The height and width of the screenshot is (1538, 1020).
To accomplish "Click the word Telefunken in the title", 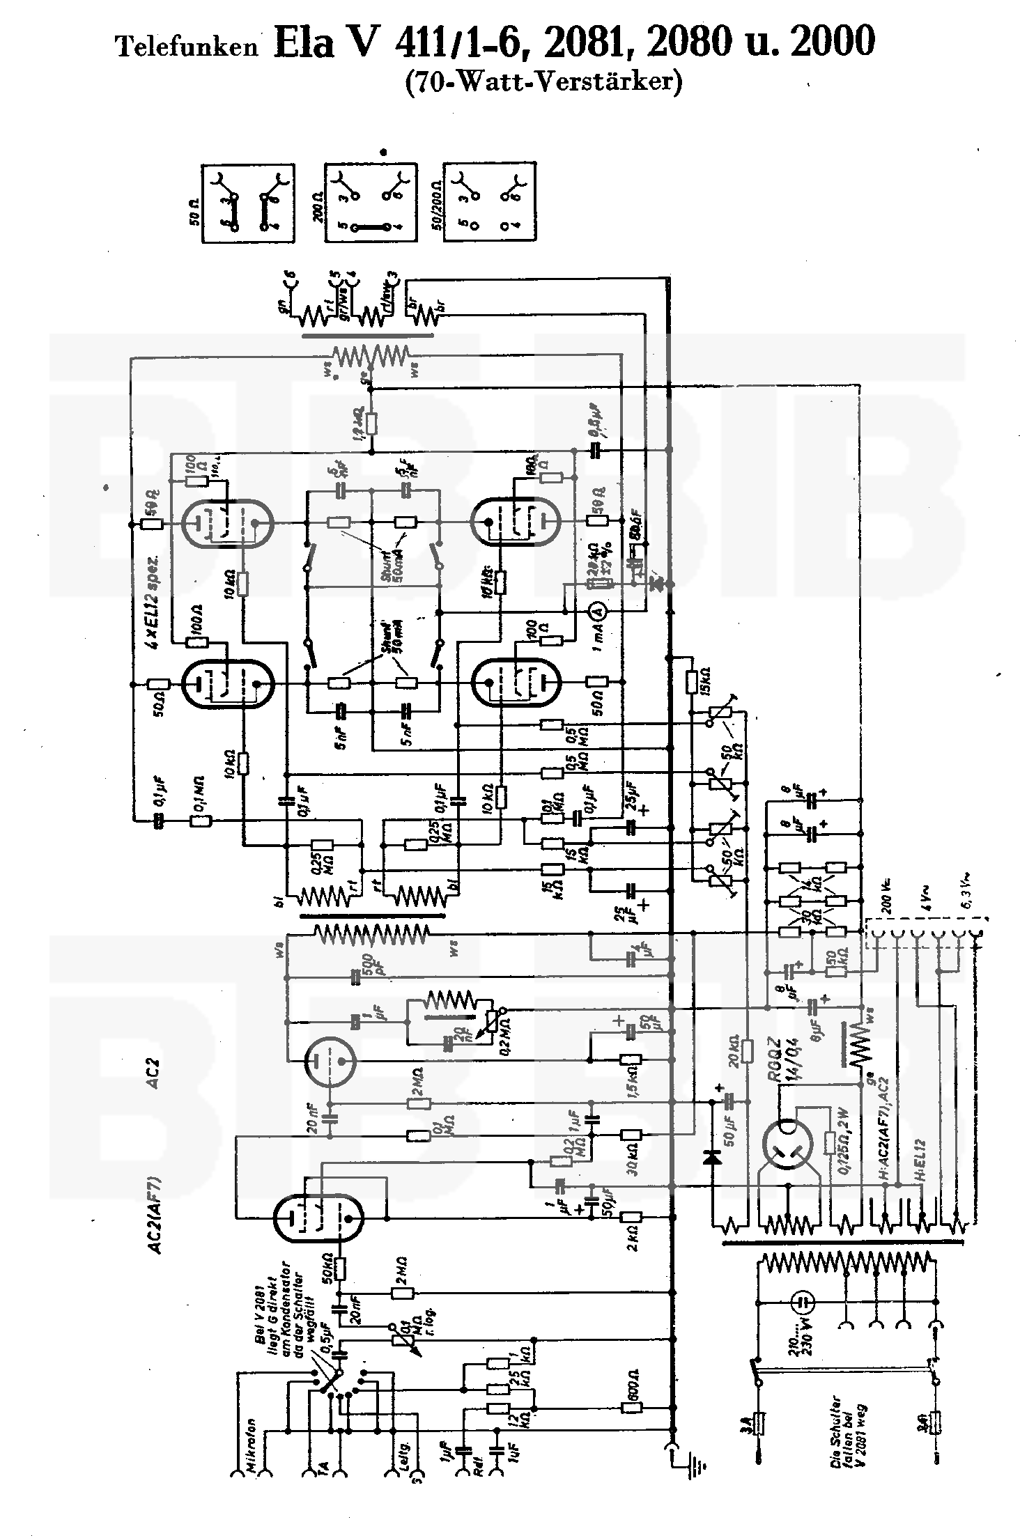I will (x=186, y=47).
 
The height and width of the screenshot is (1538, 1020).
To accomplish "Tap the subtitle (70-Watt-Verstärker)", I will (x=543, y=82).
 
